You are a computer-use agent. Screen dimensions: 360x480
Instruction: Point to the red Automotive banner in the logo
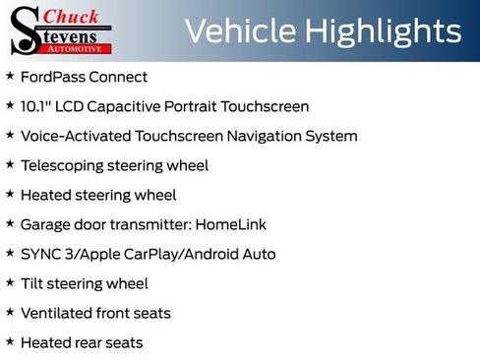tap(75, 47)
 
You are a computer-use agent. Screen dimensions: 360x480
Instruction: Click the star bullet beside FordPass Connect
tap(10, 76)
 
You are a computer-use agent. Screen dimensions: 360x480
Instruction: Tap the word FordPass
tap(51, 77)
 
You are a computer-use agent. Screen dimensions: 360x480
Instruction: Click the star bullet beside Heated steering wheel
tap(10, 194)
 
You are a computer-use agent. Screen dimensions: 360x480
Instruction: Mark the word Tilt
tap(32, 283)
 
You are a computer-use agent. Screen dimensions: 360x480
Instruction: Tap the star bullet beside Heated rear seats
tap(10, 341)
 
